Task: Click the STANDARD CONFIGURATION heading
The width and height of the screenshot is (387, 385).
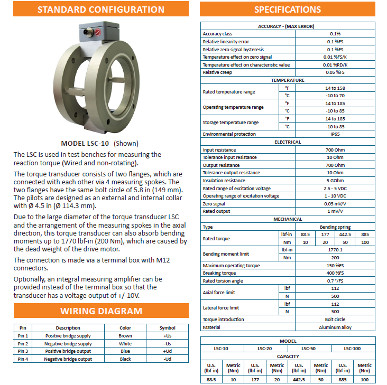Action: (x=100, y=10)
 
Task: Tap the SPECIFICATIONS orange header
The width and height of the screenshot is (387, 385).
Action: (x=287, y=10)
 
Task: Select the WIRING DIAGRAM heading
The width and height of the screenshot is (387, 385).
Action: (x=100, y=311)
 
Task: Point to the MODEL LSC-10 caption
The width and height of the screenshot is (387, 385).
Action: (x=100, y=143)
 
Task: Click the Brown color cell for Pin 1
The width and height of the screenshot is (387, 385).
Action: (x=125, y=336)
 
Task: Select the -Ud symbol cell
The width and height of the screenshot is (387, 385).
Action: (x=167, y=359)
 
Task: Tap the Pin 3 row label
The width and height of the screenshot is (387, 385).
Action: (x=23, y=351)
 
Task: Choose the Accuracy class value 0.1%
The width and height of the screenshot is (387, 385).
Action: (x=335, y=34)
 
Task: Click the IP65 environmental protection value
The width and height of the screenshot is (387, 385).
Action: (x=335, y=135)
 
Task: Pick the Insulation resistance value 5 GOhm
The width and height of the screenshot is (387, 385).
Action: (x=335, y=181)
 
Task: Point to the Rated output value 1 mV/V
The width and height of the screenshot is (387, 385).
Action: (x=335, y=211)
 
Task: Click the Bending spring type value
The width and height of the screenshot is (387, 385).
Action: (x=335, y=227)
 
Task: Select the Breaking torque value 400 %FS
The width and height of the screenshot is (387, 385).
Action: (x=335, y=273)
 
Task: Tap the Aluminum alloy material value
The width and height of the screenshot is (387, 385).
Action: (x=335, y=327)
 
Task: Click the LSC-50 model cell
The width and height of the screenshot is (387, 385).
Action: (x=309, y=349)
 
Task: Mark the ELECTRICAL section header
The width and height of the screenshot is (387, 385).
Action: (x=288, y=142)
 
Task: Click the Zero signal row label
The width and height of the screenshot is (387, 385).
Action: (x=214, y=204)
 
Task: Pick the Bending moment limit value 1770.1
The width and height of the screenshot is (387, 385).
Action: (x=335, y=250)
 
